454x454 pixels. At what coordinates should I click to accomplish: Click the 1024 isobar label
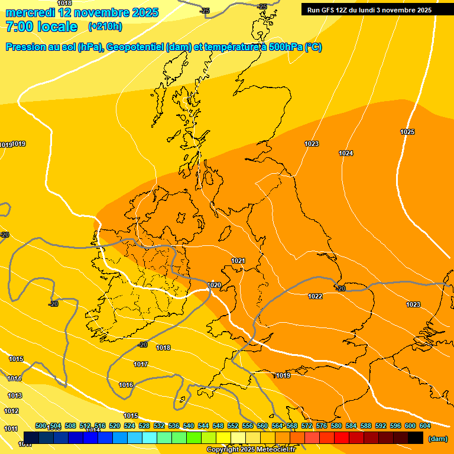click(x=346, y=154)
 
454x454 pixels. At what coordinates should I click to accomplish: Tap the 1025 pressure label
click(x=407, y=132)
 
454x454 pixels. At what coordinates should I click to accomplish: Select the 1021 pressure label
click(x=238, y=261)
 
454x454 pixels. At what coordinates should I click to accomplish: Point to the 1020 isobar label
click(x=214, y=286)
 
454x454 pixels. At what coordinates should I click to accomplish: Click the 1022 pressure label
click(x=315, y=296)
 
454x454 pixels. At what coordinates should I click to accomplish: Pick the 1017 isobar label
click(x=141, y=365)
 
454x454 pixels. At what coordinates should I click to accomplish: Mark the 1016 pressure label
click(x=126, y=385)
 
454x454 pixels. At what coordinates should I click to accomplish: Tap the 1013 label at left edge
click(x=15, y=395)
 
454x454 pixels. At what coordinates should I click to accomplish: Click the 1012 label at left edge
click(x=11, y=411)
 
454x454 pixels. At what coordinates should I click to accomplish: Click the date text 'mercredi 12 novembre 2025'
click(x=82, y=12)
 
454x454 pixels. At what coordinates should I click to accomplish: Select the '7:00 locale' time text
click(x=41, y=27)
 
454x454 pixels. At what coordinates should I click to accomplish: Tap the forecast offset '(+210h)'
click(x=105, y=27)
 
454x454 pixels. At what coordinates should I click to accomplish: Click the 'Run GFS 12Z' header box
click(x=369, y=10)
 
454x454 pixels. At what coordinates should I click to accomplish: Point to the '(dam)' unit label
click(x=437, y=439)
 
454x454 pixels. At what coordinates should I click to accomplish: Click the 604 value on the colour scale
click(x=424, y=426)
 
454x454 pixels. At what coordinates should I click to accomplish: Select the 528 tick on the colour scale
click(x=144, y=426)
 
